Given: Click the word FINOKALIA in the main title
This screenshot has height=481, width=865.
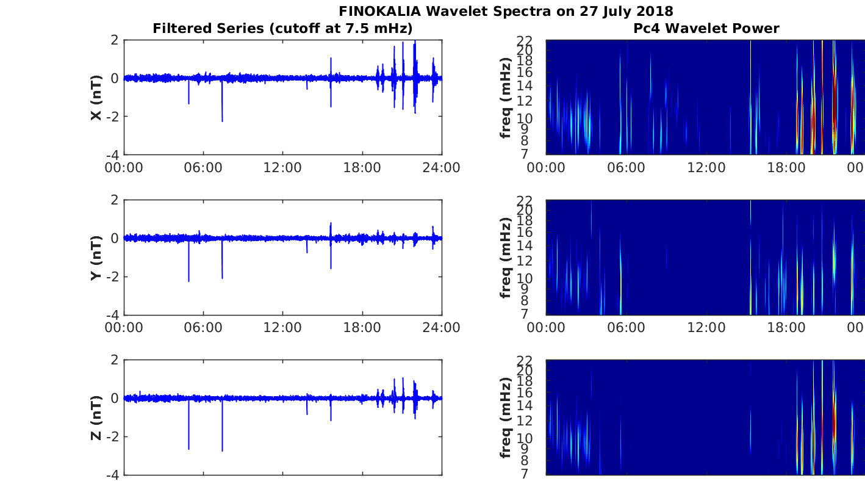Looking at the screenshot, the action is click(x=379, y=11).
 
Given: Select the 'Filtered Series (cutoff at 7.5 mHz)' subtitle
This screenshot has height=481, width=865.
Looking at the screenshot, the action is click(x=282, y=29).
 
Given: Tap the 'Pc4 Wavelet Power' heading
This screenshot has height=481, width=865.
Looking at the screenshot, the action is click(x=706, y=28).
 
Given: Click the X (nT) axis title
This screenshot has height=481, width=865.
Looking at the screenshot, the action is click(x=96, y=97).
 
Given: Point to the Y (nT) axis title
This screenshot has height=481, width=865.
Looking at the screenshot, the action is click(x=96, y=258).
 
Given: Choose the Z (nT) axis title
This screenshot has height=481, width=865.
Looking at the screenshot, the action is click(x=96, y=418).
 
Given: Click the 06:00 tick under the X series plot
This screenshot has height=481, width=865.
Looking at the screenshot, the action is click(x=203, y=168).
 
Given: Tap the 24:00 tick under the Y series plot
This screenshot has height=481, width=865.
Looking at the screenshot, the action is click(x=442, y=328).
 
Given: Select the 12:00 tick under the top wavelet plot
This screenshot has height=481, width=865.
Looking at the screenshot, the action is click(x=706, y=168).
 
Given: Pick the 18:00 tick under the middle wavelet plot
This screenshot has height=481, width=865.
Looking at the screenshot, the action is click(x=786, y=328).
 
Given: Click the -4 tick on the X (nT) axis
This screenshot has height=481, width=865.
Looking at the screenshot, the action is click(x=113, y=155).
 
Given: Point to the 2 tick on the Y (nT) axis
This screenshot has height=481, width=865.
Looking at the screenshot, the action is click(x=115, y=200).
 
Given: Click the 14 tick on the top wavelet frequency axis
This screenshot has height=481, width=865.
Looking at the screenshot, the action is click(x=525, y=86).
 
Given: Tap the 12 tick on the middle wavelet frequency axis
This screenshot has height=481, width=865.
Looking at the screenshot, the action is click(x=525, y=261).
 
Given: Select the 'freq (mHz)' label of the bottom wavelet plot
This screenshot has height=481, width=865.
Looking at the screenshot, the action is click(x=506, y=418).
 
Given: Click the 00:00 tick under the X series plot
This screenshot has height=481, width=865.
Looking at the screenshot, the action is click(x=124, y=168).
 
